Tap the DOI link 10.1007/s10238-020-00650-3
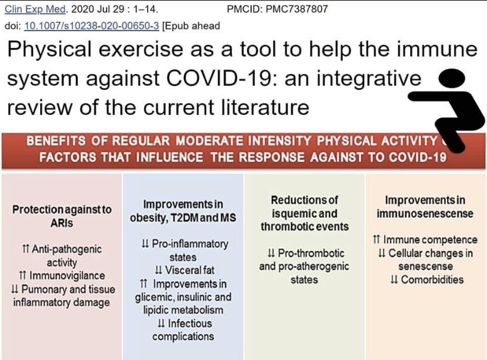(x=81, y=25)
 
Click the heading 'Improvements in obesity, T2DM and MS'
(x=183, y=211)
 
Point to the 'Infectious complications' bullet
(x=182, y=330)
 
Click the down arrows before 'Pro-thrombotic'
(x=271, y=254)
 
